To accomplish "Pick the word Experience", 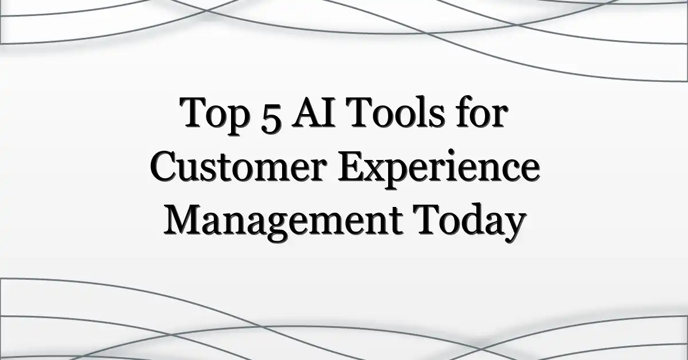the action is [438, 170].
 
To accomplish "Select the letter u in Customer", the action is [190, 171].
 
